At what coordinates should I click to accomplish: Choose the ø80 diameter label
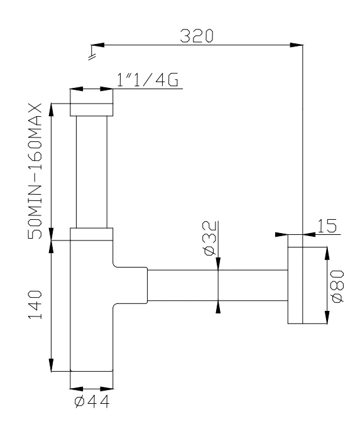338,286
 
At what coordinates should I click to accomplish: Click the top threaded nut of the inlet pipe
92,107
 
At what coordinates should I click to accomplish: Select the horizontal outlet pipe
217,286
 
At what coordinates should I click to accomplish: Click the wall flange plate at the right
295,279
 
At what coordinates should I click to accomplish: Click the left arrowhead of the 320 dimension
97,45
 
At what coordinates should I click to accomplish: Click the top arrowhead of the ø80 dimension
326,252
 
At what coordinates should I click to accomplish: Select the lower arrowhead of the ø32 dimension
218,306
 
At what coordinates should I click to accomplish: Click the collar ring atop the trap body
92,234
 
